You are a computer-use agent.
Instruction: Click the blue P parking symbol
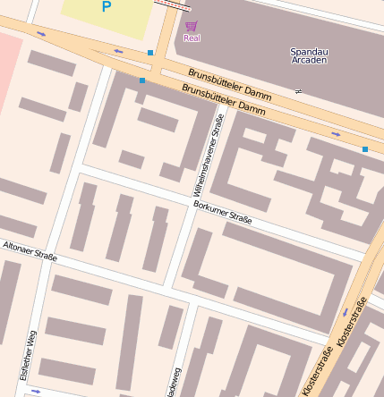coord(107,8)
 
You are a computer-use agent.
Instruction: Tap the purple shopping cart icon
coord(191,26)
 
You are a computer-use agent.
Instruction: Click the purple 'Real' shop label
coord(192,38)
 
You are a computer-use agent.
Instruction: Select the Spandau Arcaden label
coord(309,55)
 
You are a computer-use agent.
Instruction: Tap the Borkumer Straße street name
coord(222,213)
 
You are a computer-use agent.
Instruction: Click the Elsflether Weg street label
coord(28,356)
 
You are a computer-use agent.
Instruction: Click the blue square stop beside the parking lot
coord(150,53)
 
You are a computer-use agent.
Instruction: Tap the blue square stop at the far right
coord(365,148)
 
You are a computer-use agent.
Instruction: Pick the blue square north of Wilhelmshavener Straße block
coord(141,80)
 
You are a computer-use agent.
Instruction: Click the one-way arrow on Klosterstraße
coord(345,312)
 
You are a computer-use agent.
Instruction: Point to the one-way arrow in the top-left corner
coord(41,34)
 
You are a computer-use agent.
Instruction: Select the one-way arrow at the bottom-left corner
coord(36,391)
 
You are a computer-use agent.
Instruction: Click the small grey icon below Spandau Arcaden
coord(298,91)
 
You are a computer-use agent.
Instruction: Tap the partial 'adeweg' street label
coord(176,381)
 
